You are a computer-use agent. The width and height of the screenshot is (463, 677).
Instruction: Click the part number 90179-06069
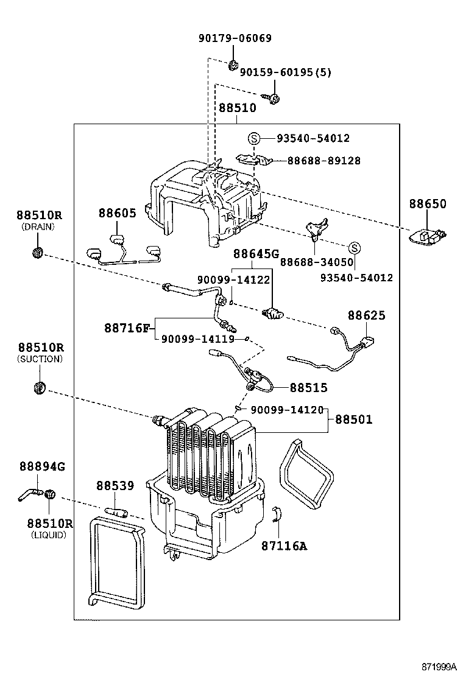(235, 38)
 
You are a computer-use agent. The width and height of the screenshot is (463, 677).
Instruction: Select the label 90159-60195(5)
(285, 72)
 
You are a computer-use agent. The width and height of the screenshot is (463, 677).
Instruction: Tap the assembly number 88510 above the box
(237, 108)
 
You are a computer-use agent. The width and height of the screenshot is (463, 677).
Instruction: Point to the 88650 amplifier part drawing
(428, 236)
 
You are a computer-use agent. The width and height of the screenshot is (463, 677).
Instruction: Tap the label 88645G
(256, 253)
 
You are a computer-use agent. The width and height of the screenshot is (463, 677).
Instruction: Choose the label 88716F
(126, 328)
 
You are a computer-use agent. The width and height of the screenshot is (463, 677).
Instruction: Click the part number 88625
(367, 315)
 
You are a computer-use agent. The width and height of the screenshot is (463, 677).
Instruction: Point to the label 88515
(308, 387)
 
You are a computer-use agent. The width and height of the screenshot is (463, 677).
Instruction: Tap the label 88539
(115, 486)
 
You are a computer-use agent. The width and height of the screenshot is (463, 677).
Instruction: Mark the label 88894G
(41, 467)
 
